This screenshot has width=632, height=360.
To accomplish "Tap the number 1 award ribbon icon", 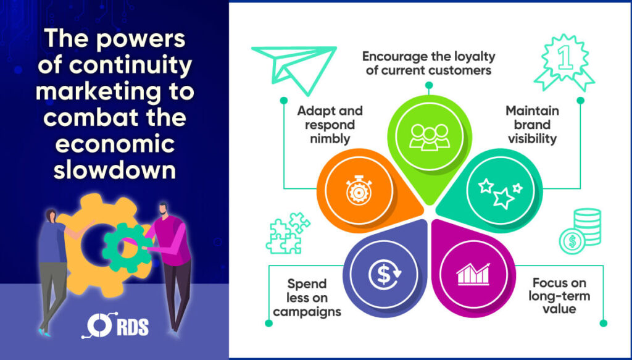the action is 564,62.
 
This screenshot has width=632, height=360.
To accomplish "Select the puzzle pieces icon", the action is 288,234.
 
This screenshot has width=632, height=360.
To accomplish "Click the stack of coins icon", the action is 580,231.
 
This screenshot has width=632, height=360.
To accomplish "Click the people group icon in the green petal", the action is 430,137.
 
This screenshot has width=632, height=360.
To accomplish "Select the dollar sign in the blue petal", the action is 385,275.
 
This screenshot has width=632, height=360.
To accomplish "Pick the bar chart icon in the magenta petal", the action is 473,275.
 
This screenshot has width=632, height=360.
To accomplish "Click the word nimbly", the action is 330,139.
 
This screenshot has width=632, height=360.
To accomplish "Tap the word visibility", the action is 532,139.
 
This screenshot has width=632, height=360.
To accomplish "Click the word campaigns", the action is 307,312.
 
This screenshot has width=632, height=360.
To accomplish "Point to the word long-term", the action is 559,296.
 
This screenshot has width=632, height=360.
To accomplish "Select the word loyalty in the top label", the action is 475,57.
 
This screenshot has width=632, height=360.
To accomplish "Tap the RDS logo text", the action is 132,327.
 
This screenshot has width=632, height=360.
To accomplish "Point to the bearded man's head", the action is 163,209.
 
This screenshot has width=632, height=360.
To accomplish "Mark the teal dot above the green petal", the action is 429,85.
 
